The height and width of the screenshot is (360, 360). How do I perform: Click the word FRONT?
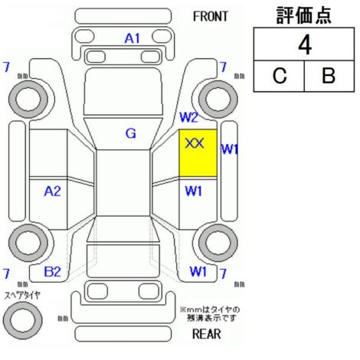210,17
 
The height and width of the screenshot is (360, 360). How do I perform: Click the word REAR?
207,334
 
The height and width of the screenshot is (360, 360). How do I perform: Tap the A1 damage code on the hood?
133,38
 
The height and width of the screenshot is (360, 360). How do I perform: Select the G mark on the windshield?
131,133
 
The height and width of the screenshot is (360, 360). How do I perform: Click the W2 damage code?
189,117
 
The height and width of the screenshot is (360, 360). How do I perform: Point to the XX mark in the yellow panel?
195,143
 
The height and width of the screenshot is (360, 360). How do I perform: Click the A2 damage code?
53,191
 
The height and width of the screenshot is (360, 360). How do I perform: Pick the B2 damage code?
53,271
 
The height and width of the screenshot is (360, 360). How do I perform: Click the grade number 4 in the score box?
305,45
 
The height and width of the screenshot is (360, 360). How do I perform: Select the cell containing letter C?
279,76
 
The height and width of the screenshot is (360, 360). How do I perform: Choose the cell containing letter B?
329,76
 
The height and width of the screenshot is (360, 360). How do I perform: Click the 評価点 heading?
304,15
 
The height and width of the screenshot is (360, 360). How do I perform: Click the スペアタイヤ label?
22,296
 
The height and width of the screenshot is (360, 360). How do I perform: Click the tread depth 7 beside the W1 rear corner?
223,273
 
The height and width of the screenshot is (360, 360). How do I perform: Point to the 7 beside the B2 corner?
6,273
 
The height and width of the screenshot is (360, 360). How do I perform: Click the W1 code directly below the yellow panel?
193,191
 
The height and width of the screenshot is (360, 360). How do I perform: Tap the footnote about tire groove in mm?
210,314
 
